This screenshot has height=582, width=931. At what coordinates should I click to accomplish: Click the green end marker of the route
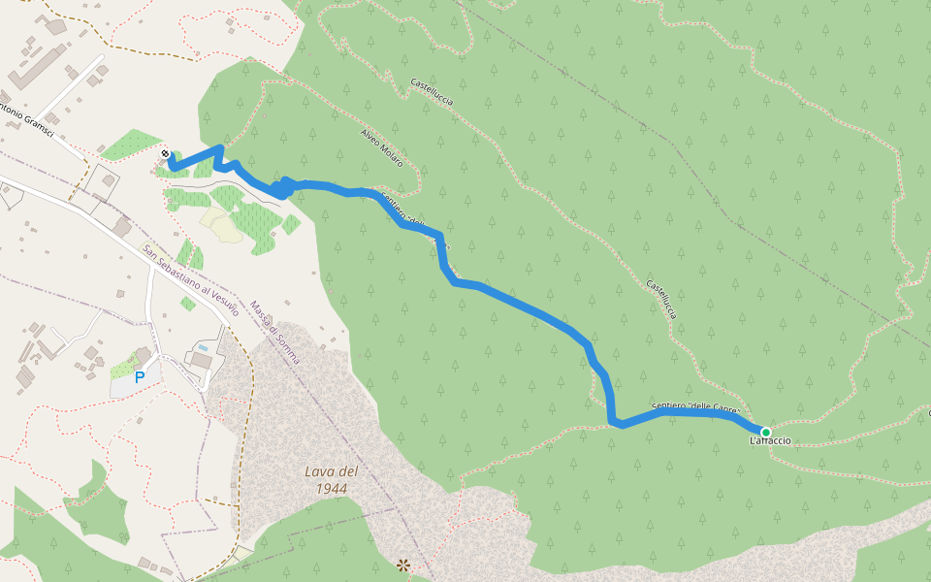pyautogui.click(x=765, y=432)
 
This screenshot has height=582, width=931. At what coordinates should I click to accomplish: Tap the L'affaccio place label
pyautogui.click(x=770, y=441)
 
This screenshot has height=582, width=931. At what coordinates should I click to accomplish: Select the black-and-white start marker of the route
pyautogui.click(x=166, y=153)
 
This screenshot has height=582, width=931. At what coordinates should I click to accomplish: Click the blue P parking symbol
pyautogui.click(x=140, y=377)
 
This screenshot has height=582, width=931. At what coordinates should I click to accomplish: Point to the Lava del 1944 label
pyautogui.click(x=332, y=479)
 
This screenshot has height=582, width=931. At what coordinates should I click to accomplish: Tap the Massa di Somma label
pyautogui.click(x=275, y=332)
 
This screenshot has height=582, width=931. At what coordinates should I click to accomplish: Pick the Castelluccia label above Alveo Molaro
pyautogui.click(x=432, y=91)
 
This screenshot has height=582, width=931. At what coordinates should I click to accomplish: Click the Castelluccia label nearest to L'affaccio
pyautogui.click(x=660, y=300)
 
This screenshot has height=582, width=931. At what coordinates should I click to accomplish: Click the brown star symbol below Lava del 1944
pyautogui.click(x=403, y=564)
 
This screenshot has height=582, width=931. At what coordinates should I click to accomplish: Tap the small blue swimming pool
pyautogui.click(x=202, y=346)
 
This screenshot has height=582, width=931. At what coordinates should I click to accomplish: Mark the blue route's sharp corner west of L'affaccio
pyautogui.click(x=613, y=422)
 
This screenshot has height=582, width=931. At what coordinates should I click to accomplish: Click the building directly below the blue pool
pyautogui.click(x=201, y=361)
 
